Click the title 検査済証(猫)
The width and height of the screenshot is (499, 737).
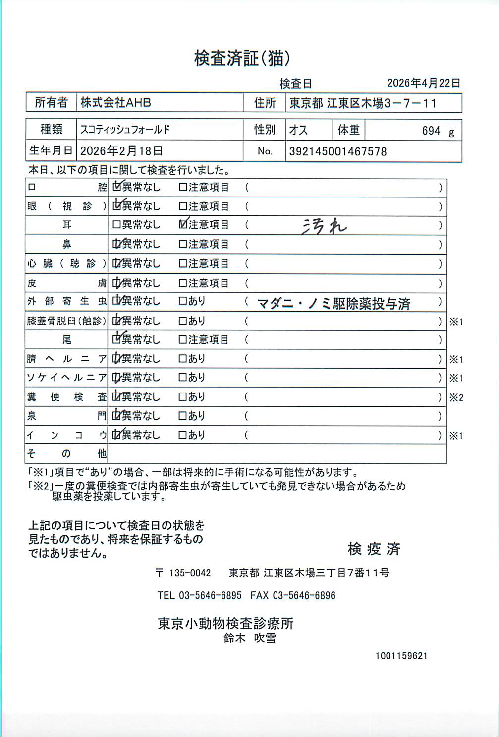242,59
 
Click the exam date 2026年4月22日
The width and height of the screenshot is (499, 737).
423,83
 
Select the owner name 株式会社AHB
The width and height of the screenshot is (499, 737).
115,103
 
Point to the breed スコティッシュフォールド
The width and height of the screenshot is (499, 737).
125,130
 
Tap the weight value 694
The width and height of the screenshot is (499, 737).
431,131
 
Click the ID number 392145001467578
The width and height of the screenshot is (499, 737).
337,151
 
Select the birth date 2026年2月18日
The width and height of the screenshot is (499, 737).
121,151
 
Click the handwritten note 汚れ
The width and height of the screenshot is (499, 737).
324,226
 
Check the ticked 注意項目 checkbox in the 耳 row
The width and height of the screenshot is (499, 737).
183,225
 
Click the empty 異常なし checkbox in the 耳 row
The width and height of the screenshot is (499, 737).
116,225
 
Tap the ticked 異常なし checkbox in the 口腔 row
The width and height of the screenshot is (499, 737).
117,187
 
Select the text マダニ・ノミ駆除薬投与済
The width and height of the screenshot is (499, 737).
333,303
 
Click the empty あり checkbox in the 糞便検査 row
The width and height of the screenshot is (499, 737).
182,397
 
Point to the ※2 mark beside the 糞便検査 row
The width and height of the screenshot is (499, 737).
456,397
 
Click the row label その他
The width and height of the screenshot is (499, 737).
66,454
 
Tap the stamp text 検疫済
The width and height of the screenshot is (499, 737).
374,549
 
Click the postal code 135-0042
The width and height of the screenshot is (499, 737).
190,573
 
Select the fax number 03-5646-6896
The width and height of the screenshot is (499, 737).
304,595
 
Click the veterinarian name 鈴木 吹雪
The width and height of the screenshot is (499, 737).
249,639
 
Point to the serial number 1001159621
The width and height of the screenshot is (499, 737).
401,656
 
